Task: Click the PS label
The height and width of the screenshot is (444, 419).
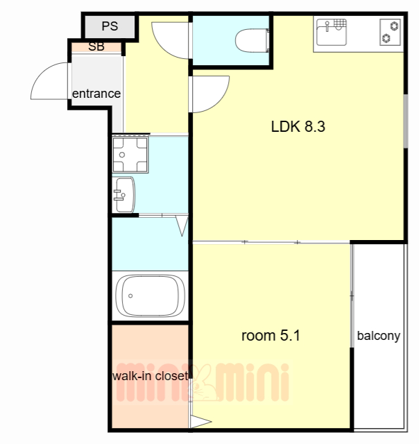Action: pyautogui.click(x=110, y=26)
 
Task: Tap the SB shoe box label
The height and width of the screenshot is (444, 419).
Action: pyautogui.click(x=96, y=46)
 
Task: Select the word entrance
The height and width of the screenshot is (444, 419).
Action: pyautogui.click(x=96, y=94)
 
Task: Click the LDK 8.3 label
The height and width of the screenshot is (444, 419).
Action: pyautogui.click(x=298, y=126)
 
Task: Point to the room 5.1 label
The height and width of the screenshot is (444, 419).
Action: pyautogui.click(x=271, y=336)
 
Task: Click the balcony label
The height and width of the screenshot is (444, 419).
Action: pyautogui.click(x=379, y=336)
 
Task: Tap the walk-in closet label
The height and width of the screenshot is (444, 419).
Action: pyautogui.click(x=151, y=376)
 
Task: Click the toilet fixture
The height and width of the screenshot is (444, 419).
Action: pyautogui.click(x=253, y=40)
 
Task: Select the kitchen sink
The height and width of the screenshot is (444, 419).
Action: pyautogui.click(x=332, y=32)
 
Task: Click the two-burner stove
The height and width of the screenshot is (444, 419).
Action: pyautogui.click(x=390, y=32)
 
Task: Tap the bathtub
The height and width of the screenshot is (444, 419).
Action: pyautogui.click(x=150, y=296)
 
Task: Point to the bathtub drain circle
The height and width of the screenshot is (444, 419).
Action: pyautogui.click(x=130, y=296)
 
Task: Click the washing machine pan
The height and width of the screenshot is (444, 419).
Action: pyautogui.click(x=130, y=154)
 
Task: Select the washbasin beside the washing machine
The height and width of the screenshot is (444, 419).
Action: pyautogui.click(x=123, y=195)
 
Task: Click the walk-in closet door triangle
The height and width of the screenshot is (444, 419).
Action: pyautogui.click(x=200, y=422)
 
